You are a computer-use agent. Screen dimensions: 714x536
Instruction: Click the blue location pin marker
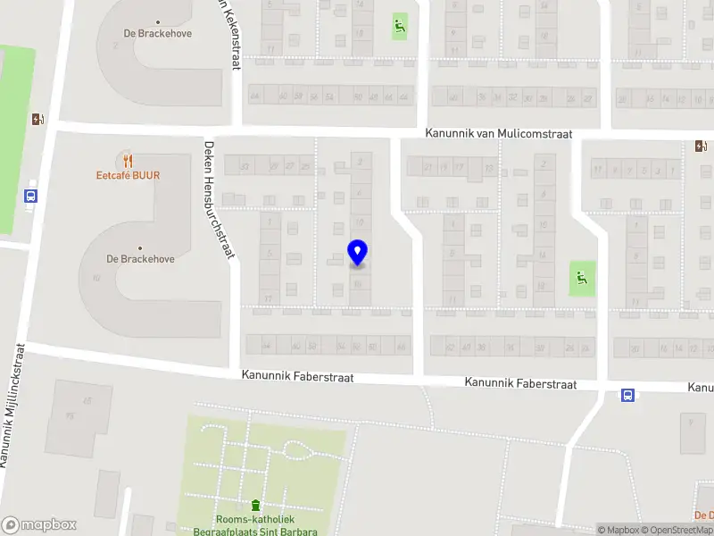357,253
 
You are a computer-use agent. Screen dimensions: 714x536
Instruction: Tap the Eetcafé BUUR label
128,176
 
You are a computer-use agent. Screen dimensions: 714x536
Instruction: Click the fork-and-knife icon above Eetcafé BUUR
129,161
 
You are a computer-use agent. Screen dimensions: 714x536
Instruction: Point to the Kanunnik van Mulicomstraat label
498,134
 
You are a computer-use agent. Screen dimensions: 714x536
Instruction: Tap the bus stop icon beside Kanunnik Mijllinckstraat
31,197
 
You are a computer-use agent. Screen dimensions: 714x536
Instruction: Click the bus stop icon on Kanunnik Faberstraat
627,395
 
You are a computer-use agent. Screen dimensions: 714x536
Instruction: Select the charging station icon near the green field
37,119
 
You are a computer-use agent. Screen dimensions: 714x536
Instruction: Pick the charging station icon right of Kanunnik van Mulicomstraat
702,146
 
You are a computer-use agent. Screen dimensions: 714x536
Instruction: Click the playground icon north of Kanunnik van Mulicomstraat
399,26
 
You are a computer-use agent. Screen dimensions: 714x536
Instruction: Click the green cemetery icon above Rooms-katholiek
256,506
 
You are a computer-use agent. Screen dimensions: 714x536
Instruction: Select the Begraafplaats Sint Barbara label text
255,531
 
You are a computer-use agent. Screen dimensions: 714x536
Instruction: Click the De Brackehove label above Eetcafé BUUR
157,34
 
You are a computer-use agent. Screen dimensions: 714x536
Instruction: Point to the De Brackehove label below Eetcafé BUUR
140,259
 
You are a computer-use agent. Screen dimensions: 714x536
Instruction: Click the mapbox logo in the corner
38,525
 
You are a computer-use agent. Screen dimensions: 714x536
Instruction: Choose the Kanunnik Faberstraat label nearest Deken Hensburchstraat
297,378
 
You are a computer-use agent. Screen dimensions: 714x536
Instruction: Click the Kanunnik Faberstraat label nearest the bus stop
520,383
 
